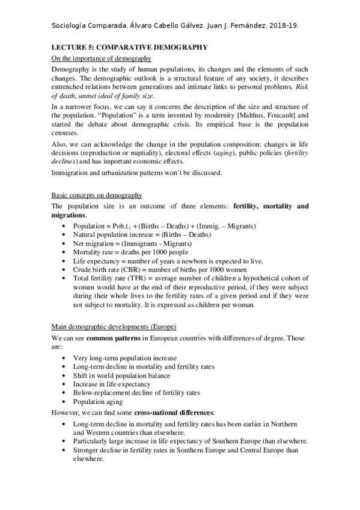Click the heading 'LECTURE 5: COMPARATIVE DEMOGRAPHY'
point(129,47)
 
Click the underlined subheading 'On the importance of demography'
point(101,58)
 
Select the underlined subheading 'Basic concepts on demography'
point(97,195)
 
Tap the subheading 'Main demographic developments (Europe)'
point(114,326)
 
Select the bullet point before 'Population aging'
point(65,402)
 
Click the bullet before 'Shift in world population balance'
point(65,375)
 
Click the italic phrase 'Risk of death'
point(294,87)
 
